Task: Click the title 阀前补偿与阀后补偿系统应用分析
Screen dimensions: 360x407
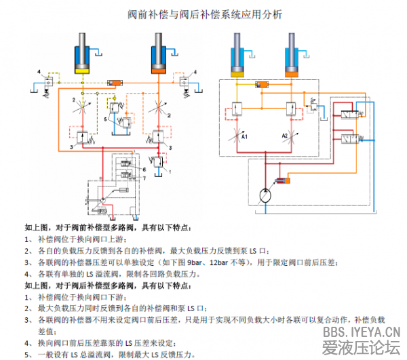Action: click(204, 14)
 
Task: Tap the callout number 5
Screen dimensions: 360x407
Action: click(106, 119)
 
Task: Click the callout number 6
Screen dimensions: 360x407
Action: click(144, 168)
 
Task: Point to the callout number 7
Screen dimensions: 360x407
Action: click(144, 177)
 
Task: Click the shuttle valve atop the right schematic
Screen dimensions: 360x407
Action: click(263, 85)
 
